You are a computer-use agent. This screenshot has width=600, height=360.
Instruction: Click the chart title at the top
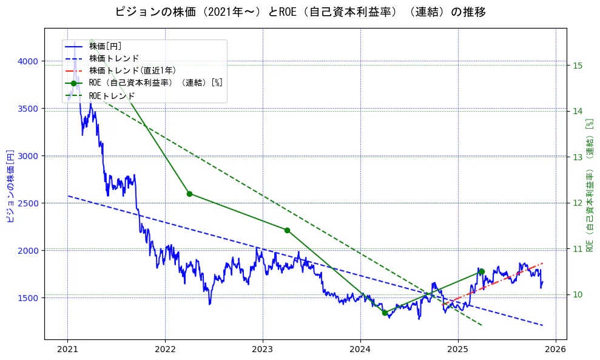point(300,12)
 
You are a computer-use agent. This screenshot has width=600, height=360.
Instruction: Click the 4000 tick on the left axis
point(28,61)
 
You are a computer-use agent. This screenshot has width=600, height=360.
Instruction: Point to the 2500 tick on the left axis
point(28,203)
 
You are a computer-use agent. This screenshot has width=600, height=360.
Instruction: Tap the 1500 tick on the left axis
point(28,298)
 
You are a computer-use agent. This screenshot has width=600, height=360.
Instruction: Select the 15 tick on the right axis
point(578,66)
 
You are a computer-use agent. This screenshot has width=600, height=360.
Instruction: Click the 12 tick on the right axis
point(578,203)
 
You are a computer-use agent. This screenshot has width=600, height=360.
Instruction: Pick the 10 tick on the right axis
point(578,294)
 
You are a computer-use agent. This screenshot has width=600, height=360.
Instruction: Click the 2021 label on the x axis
point(67,350)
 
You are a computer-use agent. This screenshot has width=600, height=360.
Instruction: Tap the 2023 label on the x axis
point(263,350)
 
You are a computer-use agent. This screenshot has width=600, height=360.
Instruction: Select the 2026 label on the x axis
point(555,350)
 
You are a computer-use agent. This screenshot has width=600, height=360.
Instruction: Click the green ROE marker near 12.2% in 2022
point(189,194)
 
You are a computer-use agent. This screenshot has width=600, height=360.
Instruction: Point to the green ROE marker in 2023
point(287,230)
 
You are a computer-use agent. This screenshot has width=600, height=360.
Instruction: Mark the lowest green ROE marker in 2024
point(385,313)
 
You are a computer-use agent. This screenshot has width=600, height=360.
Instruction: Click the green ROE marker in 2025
point(482,271)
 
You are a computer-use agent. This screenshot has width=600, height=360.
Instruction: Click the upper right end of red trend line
point(542,263)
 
